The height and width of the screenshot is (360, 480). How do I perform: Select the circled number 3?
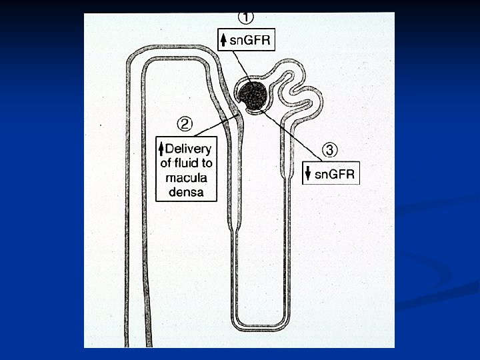(x=329, y=148)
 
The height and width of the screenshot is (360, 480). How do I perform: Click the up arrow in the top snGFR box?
(x=224, y=40)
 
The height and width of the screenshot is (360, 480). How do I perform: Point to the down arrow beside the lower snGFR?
(x=308, y=175)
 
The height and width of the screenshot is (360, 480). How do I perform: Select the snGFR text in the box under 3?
(x=335, y=175)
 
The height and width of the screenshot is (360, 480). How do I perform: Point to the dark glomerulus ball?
(x=253, y=96)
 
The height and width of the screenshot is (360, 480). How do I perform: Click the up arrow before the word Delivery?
(x=161, y=147)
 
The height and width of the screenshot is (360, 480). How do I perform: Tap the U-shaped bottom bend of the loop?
(x=261, y=327)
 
